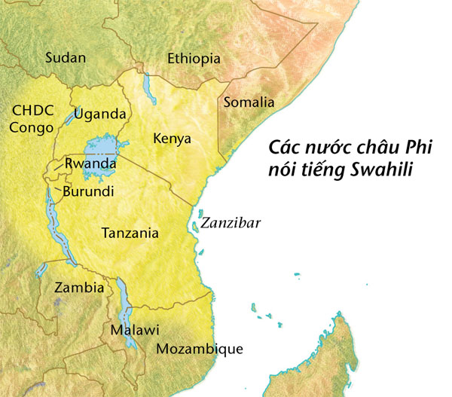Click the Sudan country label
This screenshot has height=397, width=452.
click(x=66, y=58)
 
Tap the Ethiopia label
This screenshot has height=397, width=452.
click(x=194, y=59)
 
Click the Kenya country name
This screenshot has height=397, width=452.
click(x=172, y=139)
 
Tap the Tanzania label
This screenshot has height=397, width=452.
click(x=130, y=233)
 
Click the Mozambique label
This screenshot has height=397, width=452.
click(x=199, y=349)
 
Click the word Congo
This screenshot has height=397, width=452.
click(x=32, y=127)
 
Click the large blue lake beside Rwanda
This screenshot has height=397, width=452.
click(x=100, y=148)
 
